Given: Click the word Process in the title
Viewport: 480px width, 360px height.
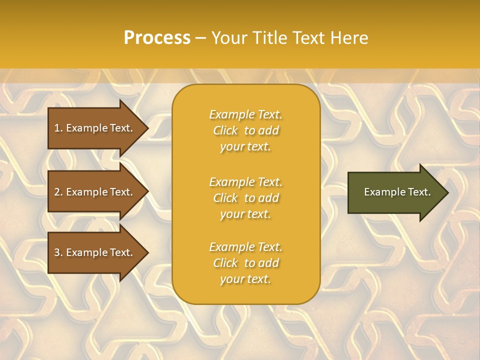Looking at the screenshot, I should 157,38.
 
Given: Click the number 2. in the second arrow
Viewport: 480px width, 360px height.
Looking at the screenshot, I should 58,192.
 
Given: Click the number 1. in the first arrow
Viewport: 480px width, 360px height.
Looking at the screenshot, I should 58,128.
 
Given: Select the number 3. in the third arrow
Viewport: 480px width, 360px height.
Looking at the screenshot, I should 58,252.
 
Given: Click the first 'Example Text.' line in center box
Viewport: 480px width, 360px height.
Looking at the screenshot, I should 245,114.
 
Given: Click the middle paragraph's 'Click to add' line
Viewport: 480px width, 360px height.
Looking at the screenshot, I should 245,198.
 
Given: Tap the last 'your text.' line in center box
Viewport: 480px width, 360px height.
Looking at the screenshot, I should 245,279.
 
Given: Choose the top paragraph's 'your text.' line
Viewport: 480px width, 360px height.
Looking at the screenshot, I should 245,146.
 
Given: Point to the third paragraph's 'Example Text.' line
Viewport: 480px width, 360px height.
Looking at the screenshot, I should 245,247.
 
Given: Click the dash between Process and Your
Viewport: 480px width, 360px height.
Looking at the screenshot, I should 200,38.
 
